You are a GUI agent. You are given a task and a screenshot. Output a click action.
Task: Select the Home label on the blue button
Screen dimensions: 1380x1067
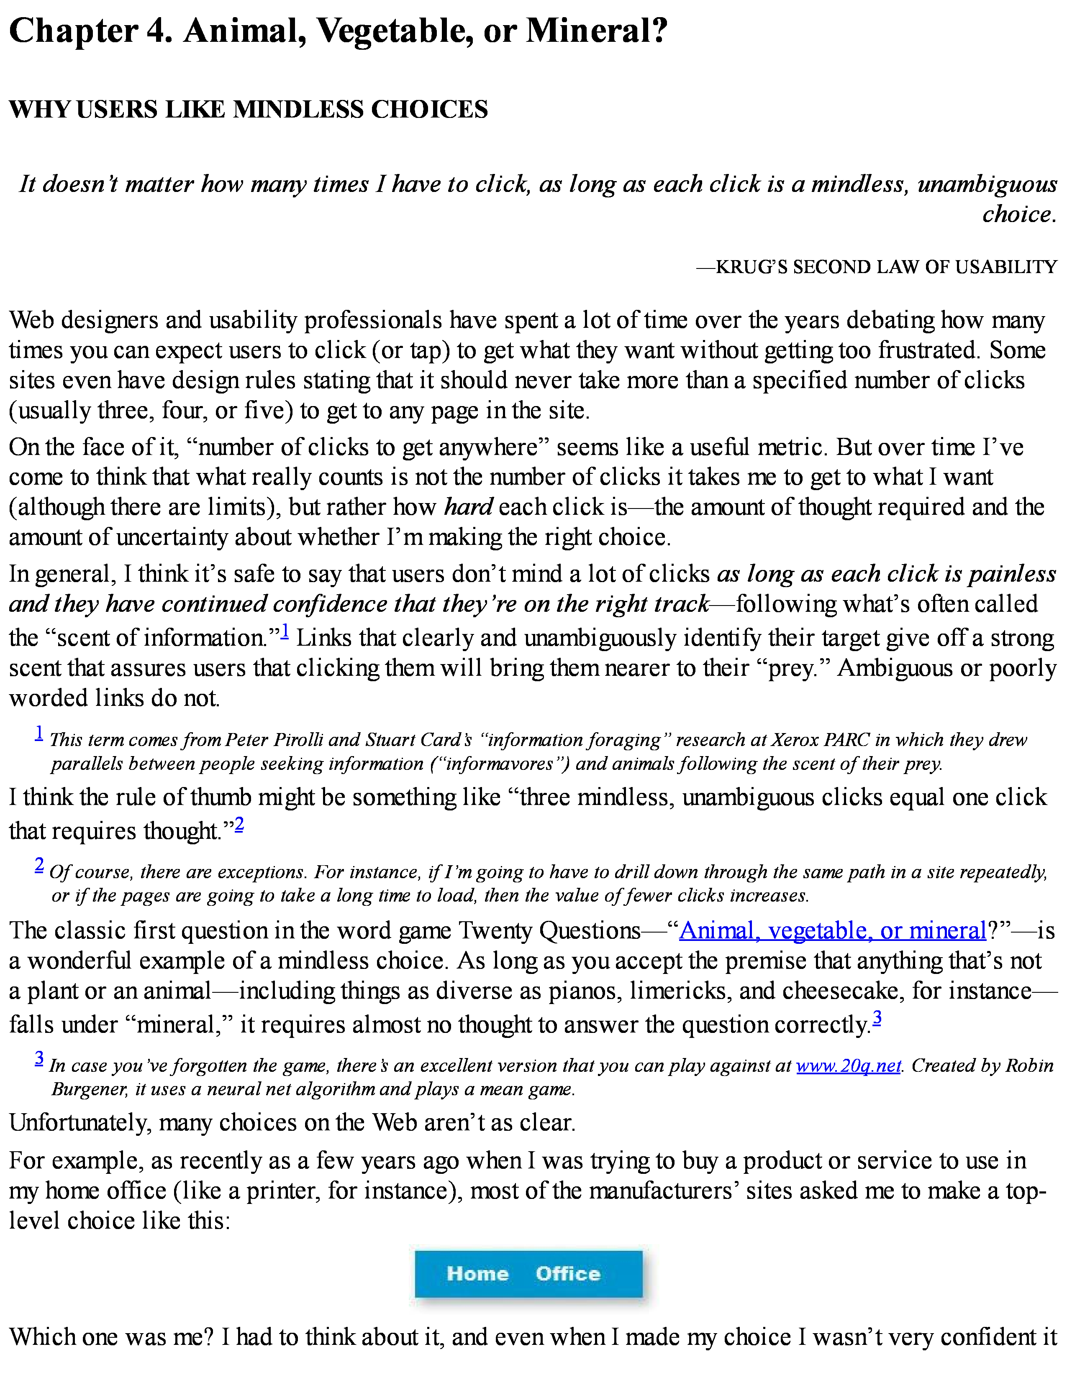[x=477, y=1273]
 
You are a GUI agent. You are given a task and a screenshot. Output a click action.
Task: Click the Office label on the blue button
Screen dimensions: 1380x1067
[x=568, y=1273]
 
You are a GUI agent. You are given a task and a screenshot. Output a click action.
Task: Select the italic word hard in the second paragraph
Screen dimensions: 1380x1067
[x=468, y=507]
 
